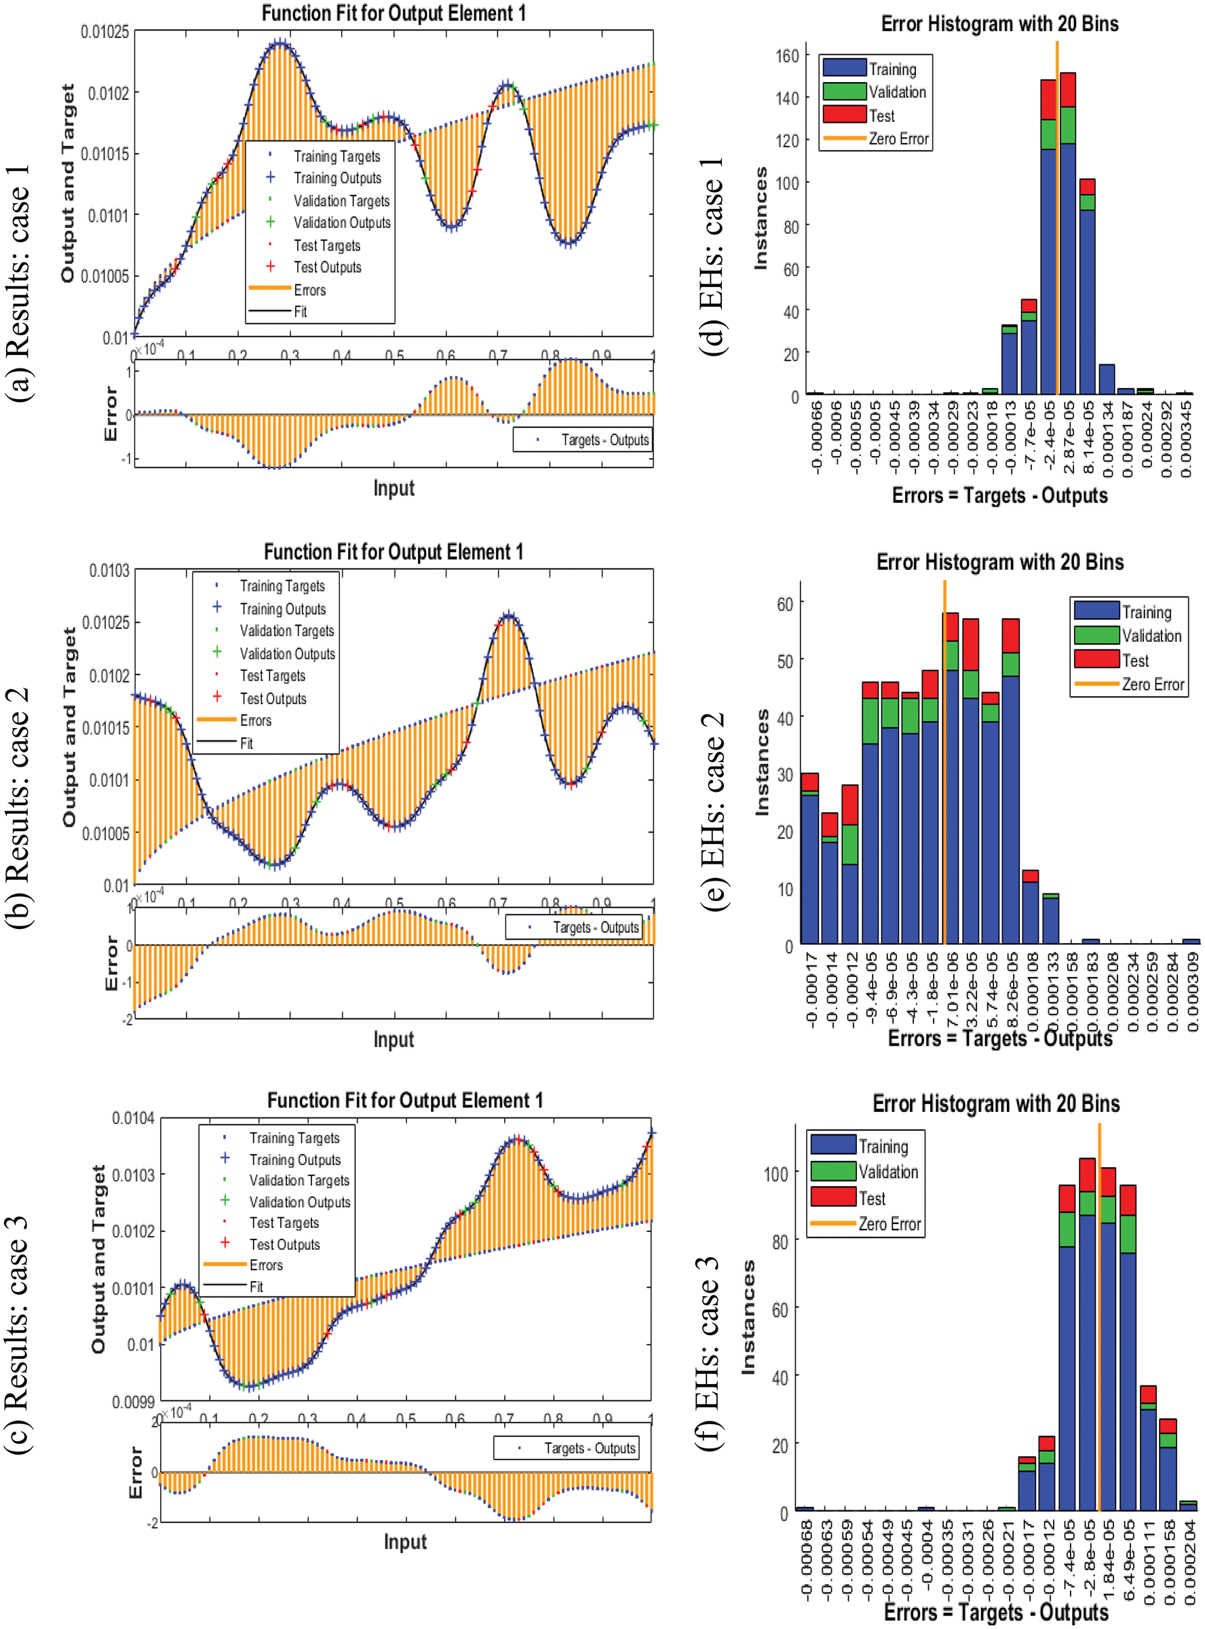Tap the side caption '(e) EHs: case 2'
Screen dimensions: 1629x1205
coord(712,811)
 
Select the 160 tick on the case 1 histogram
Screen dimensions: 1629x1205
coord(787,56)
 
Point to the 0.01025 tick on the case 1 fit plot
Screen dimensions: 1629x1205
coord(104,32)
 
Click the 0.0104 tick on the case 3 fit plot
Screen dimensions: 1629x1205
coord(133,1118)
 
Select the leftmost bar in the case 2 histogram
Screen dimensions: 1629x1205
coord(809,860)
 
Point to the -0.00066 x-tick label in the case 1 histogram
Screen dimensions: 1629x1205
coord(816,438)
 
